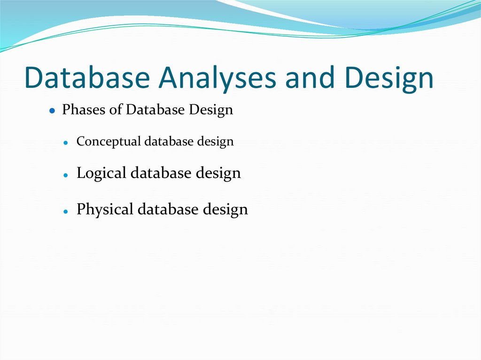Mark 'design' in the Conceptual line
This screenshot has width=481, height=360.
tap(215, 141)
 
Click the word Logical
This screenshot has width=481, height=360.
tap(101, 173)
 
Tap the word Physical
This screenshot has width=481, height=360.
tap(105, 209)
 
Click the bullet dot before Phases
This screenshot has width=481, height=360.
tap(53, 111)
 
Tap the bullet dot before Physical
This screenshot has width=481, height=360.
tap(67, 211)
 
